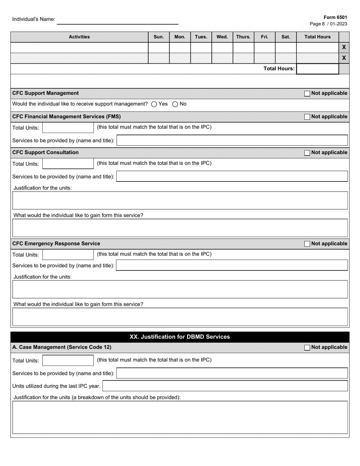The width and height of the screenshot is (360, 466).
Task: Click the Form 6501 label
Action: click(335, 17)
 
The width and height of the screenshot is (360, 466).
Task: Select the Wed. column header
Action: click(222, 37)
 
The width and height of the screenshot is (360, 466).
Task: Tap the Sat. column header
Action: click(286, 37)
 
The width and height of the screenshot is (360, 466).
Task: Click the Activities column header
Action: click(79, 37)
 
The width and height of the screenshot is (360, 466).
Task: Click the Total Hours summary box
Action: click(317, 69)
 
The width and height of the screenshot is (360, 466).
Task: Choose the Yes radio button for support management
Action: click(154, 104)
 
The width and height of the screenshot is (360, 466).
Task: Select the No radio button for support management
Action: click(175, 104)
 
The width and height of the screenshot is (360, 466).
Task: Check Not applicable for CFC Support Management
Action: click(307, 94)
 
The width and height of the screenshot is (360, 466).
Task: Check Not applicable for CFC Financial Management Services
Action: click(307, 117)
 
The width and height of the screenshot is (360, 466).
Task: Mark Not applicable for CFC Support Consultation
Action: click(307, 153)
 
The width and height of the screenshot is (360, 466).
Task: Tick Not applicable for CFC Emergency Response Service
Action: click(307, 244)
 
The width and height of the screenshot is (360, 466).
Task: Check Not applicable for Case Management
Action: click(307, 347)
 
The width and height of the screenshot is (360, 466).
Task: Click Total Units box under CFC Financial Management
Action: click(68, 128)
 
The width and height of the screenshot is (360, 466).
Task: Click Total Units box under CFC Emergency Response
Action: click(68, 255)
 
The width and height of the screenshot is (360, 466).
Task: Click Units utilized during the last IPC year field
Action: click(225, 386)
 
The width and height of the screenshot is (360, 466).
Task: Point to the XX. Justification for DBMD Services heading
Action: click(180, 337)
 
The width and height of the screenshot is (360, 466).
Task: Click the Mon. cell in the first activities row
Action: click(180, 47)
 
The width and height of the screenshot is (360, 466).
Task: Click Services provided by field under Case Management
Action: click(232, 373)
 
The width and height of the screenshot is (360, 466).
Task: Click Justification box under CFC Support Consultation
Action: click(180, 200)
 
